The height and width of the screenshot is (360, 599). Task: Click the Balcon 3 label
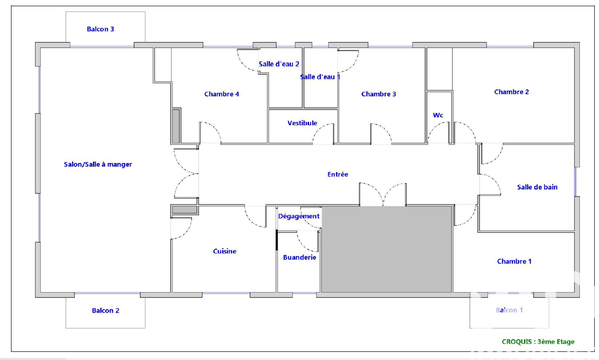point(100,29)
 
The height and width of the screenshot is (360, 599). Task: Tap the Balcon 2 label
point(105,311)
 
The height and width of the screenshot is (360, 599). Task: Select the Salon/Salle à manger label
point(98,164)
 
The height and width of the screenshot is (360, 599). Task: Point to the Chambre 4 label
point(222,94)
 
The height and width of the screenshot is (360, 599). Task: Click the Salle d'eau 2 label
point(278,64)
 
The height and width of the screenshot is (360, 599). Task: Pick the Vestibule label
point(302,123)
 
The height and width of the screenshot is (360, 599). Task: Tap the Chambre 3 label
point(378,94)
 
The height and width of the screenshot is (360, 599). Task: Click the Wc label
point(438,115)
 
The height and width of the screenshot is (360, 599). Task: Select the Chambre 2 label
point(511,92)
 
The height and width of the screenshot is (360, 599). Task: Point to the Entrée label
point(338,174)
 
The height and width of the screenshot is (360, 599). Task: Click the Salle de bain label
point(537,187)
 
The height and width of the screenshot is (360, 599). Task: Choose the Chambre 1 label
point(514,262)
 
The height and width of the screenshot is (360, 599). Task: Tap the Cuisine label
point(224,251)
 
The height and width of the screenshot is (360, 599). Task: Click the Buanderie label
point(299,257)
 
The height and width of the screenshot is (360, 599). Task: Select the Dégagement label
point(299,216)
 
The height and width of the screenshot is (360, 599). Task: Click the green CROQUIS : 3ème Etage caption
point(538,342)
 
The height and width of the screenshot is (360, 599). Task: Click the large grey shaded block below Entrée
point(387,249)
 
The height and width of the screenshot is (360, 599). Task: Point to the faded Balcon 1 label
point(509,310)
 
